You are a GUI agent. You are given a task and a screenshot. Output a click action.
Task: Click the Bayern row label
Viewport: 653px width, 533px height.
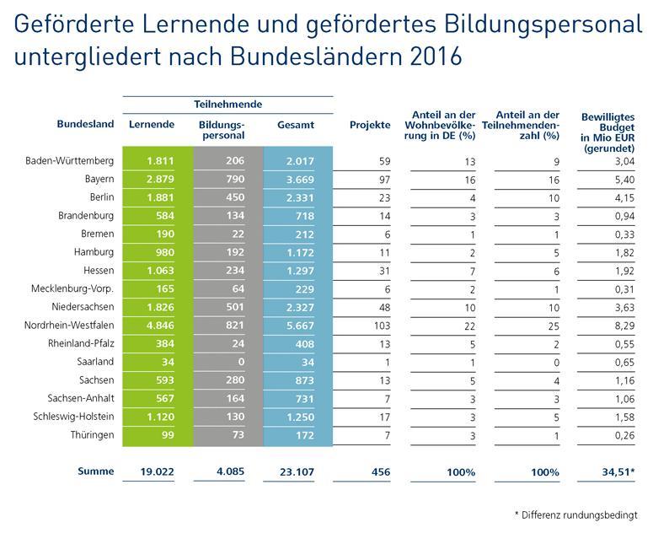(x=99, y=180)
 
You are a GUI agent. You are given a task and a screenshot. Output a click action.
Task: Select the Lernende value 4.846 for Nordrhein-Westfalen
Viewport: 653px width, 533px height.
(x=158, y=326)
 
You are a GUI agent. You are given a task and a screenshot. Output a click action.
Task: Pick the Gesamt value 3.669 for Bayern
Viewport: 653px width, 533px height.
(x=297, y=180)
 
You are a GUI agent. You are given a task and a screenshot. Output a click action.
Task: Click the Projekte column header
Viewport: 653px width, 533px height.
(x=370, y=125)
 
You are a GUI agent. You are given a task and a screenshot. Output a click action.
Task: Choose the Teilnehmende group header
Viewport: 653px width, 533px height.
(x=227, y=105)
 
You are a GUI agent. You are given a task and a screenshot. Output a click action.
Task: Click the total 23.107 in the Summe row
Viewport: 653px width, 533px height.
(x=295, y=471)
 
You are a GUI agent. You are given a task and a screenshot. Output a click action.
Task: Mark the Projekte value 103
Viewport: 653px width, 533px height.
(x=382, y=326)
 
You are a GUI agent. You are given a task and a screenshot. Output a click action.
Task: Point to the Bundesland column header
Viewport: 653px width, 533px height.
(x=85, y=125)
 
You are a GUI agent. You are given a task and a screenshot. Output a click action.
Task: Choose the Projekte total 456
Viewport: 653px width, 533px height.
(x=378, y=471)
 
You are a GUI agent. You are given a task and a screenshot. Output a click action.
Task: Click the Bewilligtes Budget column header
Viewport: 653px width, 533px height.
(x=608, y=130)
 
